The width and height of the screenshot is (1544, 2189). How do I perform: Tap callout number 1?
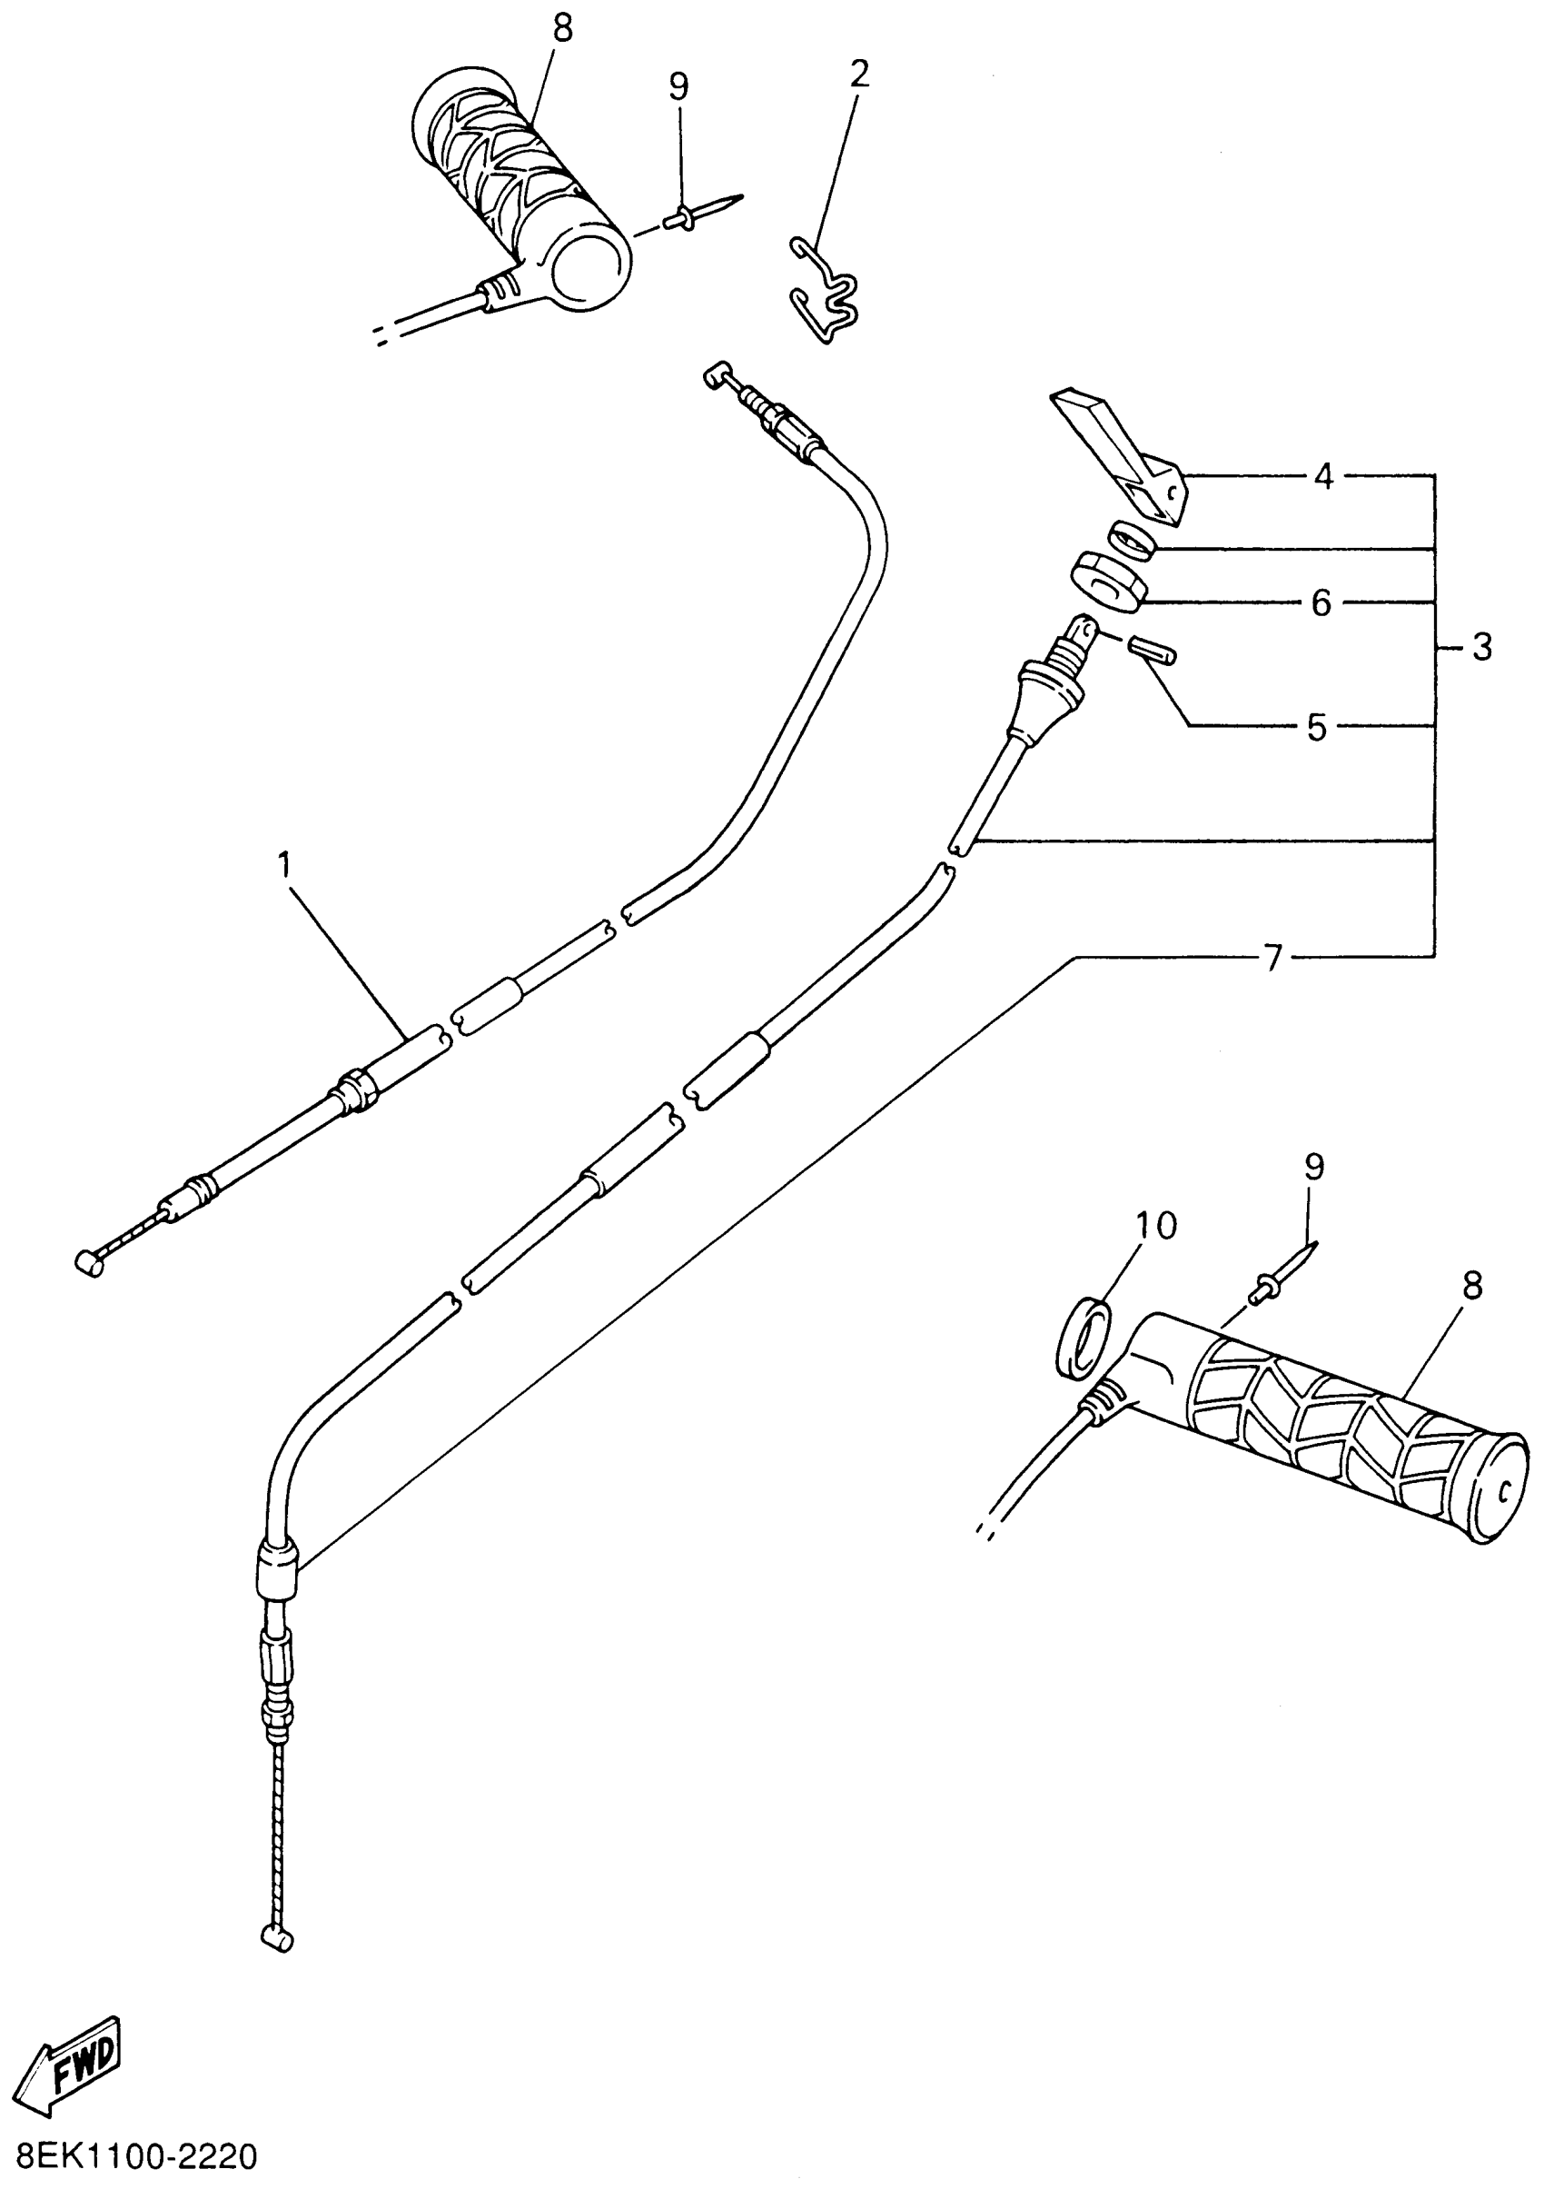pyautogui.click(x=283, y=866)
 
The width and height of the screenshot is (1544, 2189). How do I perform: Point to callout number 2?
pyautogui.click(x=858, y=74)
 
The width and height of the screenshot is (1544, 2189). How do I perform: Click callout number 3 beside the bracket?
pyautogui.click(x=1481, y=647)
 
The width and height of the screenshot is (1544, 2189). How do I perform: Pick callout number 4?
pyautogui.click(x=1324, y=475)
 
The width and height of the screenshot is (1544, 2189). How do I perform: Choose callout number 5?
pyautogui.click(x=1316, y=728)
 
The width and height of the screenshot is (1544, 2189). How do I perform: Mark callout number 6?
pyautogui.click(x=1321, y=602)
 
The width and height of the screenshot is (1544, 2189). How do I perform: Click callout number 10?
pyautogui.click(x=1156, y=1226)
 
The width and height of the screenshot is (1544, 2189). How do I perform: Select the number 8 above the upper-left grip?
pyautogui.click(x=563, y=30)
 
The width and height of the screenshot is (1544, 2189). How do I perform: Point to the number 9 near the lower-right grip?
pyautogui.click(x=1314, y=1168)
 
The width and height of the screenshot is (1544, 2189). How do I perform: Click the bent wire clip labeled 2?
pyautogui.click(x=826, y=290)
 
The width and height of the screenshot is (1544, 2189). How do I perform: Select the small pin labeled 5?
pyautogui.click(x=1153, y=651)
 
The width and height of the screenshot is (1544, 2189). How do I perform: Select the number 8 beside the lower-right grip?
pyautogui.click(x=1472, y=1286)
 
